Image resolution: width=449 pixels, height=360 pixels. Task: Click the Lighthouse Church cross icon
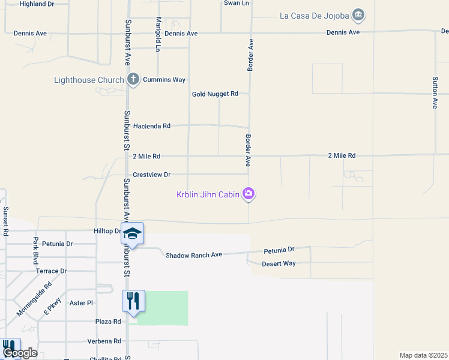(x=133, y=79)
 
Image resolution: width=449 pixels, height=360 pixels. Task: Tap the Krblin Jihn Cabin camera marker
(x=249, y=193)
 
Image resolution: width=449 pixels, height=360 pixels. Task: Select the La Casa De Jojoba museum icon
(x=358, y=14)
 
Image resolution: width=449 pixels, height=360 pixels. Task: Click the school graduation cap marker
(x=133, y=233)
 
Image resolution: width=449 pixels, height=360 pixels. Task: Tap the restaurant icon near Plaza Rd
(x=133, y=301)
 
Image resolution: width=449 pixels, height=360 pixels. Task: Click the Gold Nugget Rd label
(x=215, y=94)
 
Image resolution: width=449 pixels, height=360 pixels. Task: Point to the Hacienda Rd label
(x=152, y=126)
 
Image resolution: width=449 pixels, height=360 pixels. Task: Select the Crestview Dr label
(x=152, y=175)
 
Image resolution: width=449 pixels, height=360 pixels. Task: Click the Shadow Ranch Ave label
(x=194, y=255)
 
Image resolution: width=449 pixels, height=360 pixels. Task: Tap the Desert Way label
(x=279, y=263)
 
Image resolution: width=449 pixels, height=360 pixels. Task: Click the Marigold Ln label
(x=158, y=34)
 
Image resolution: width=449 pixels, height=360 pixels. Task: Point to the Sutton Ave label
(x=435, y=92)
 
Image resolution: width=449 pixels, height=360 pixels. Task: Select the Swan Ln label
(x=236, y=3)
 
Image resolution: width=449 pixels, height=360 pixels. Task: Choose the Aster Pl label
(x=81, y=304)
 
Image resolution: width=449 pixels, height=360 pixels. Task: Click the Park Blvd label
(x=35, y=251)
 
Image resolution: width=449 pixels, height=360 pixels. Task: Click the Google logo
(x=20, y=353)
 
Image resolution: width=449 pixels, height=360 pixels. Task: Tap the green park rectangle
(x=163, y=308)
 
